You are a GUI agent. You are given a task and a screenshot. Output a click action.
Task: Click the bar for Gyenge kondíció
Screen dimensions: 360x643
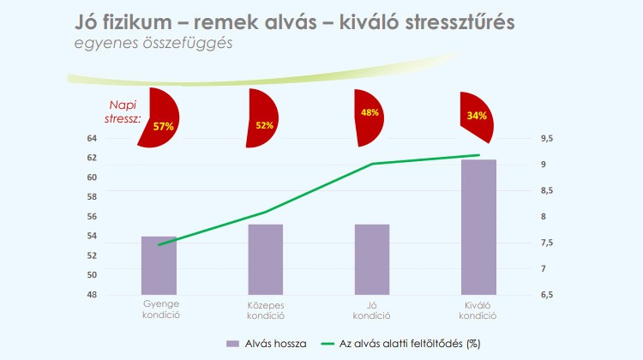coord(159,266)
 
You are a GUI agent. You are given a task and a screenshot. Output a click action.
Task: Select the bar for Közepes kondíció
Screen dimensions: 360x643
coord(265,260)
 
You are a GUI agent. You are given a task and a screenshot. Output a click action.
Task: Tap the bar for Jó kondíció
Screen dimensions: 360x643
coord(372,260)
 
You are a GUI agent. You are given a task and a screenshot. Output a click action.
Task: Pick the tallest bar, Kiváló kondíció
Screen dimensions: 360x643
coord(478,227)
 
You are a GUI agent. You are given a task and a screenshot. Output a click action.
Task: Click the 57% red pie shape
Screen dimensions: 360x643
coord(159,121)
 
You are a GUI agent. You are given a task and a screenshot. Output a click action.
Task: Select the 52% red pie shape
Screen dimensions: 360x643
coord(261,119)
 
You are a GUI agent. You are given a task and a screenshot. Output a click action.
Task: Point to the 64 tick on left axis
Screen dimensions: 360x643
coord(116,139)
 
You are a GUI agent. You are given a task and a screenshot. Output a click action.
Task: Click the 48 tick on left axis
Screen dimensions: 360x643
coord(116,295)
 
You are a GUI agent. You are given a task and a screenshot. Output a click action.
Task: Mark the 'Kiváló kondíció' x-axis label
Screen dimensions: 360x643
coord(478,309)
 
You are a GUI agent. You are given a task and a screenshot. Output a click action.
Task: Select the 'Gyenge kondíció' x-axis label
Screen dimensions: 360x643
coord(159,309)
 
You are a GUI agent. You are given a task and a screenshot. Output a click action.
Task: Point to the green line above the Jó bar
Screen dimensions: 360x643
coord(372,164)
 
